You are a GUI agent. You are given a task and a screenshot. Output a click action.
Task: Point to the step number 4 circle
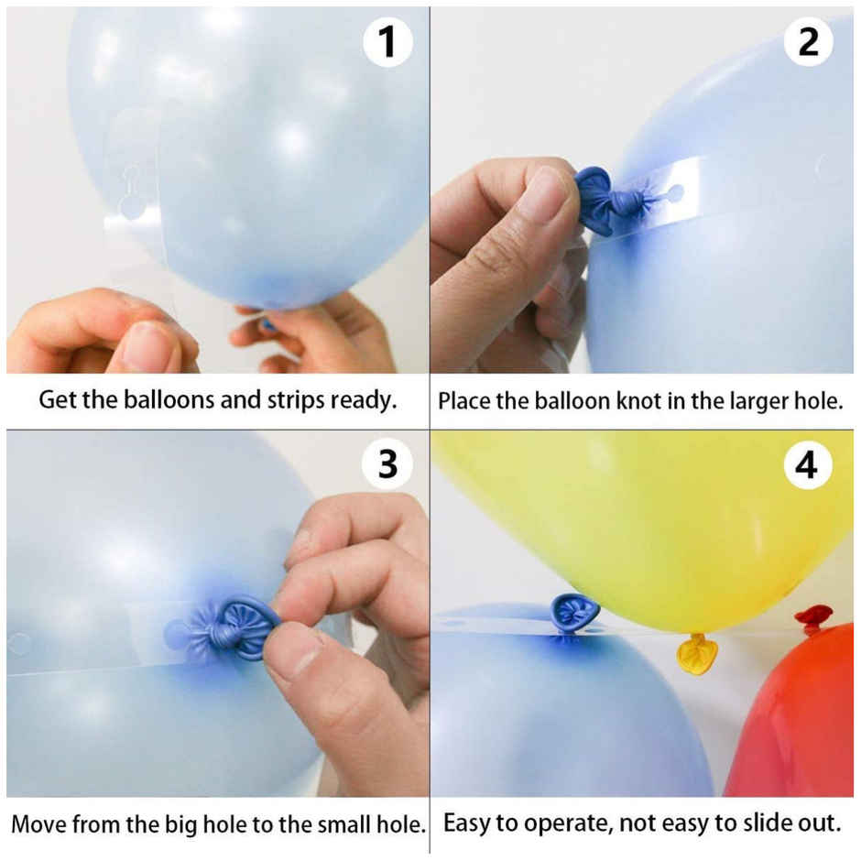tap(807, 466)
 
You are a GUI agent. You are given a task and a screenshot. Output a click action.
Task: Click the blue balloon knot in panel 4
tap(573, 612)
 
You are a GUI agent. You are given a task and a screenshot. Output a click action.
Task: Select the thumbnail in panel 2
tap(547, 193)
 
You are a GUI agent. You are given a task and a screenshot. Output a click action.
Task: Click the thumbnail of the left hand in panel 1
tap(148, 347)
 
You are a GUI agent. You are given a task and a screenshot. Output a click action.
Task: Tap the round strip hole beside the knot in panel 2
tap(675, 194)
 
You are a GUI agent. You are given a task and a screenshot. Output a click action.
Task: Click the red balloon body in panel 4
tap(797, 724)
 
